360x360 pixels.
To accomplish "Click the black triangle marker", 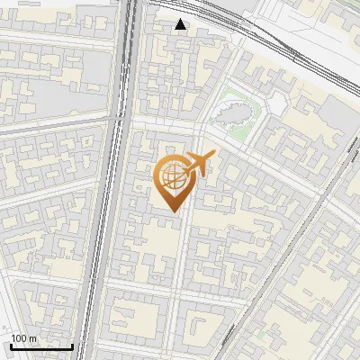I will pos(182,24).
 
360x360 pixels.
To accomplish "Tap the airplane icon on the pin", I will pos(199,165).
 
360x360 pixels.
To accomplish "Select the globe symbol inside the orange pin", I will pos(173,176).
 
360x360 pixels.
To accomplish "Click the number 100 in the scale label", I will pos(19,338).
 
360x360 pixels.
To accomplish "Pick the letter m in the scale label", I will pos(33,338).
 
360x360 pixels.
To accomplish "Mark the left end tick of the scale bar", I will pos(11,346).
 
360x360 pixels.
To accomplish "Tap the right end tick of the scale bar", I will pos(73,346).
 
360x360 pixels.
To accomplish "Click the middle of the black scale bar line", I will pos(41,347).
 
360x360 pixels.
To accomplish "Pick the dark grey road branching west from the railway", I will pos(54,126).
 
